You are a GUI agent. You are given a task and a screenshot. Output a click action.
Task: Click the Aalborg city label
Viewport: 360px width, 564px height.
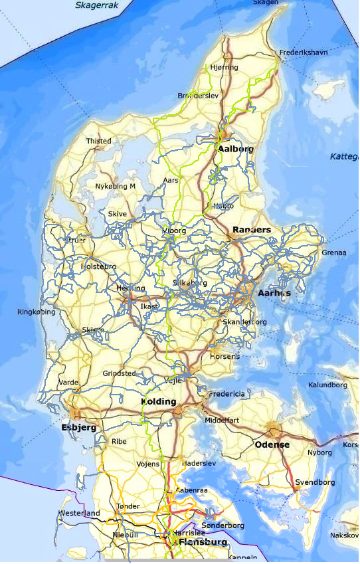click(234, 149)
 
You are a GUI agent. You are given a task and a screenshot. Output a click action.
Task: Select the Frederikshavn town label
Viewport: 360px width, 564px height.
click(304, 52)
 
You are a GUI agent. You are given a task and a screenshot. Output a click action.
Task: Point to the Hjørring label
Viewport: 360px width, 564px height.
click(223, 67)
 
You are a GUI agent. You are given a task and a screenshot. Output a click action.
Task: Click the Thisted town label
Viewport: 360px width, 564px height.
click(99, 141)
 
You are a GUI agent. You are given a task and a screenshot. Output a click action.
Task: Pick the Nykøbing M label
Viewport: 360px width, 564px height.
click(116, 186)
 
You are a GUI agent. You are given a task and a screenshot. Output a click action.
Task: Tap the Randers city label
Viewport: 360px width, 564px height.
click(252, 230)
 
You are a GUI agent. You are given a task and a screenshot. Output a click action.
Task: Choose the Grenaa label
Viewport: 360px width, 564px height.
click(333, 252)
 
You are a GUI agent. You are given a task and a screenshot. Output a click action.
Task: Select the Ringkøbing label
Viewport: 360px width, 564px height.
click(36, 311)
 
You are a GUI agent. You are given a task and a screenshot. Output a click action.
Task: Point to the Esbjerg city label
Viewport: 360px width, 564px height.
click(78, 427)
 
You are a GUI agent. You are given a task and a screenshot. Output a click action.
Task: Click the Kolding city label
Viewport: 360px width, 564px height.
click(159, 402)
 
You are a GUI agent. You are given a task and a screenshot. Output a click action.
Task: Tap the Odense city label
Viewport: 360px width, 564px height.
click(272, 444)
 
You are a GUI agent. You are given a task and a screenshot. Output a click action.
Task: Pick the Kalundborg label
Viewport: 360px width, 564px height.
click(328, 385)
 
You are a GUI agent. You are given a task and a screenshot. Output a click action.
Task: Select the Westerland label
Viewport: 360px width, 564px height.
click(79, 514)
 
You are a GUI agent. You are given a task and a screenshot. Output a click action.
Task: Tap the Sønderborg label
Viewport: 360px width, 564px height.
click(223, 525)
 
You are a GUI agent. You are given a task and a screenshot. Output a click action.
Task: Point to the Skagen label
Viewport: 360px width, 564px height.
click(266, 3)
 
